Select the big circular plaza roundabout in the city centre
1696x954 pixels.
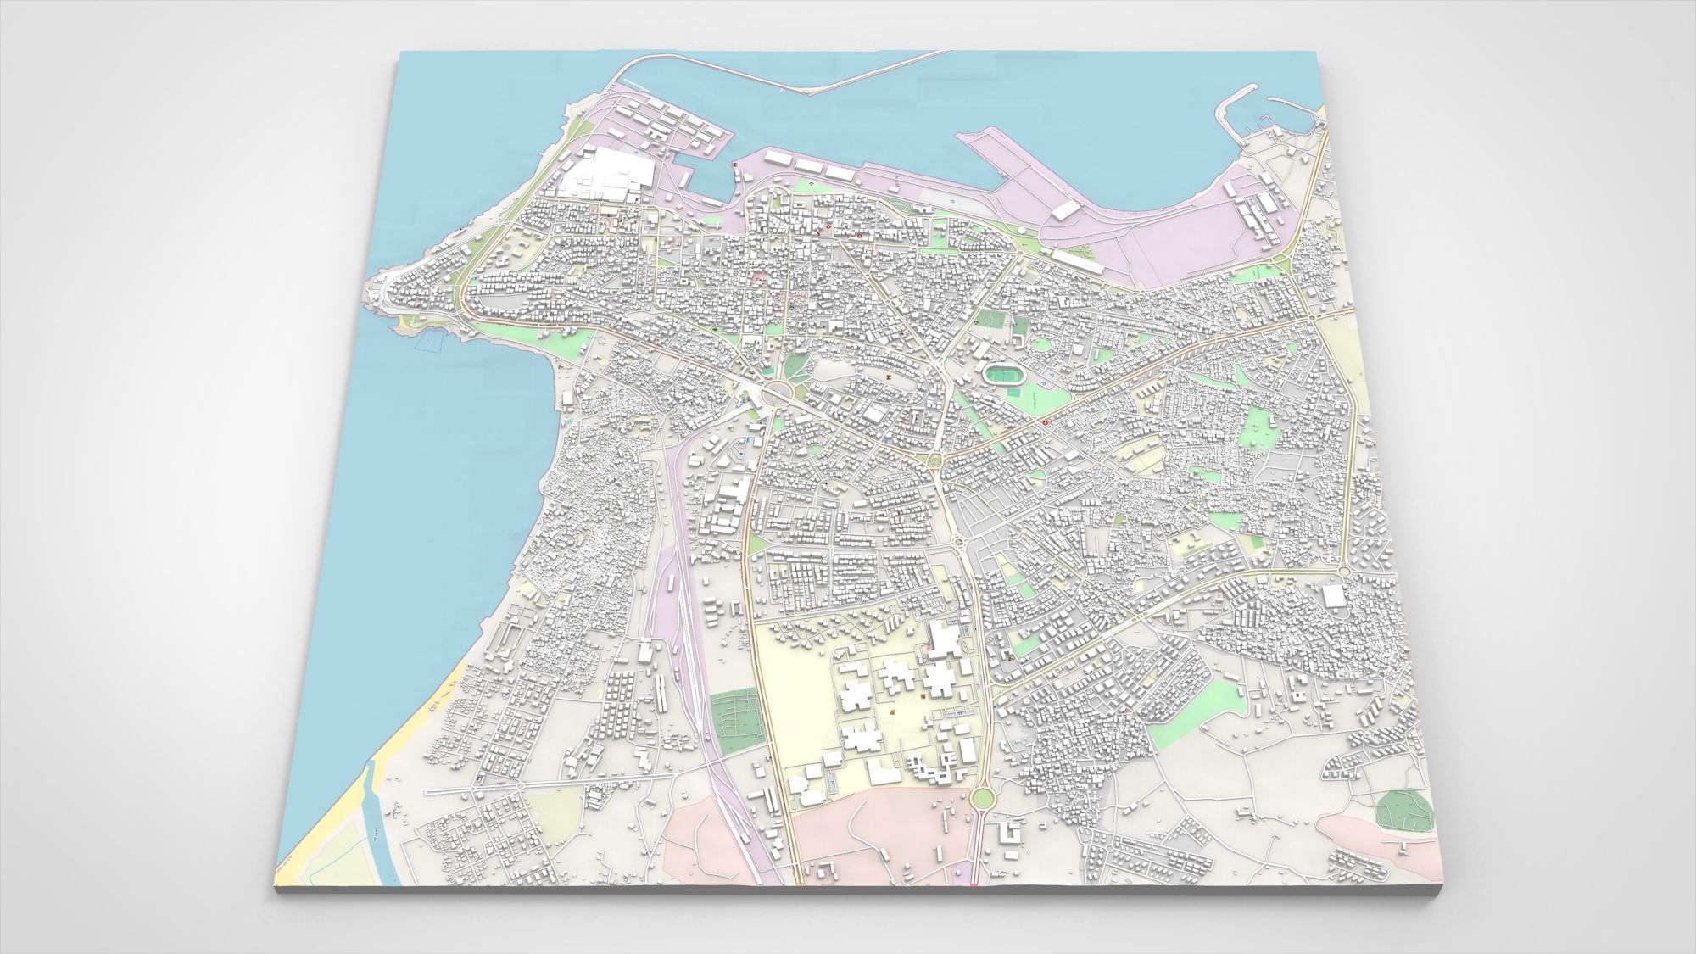[x=778, y=392]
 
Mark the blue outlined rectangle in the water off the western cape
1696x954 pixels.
[x=429, y=340]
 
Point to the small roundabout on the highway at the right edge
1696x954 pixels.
[x=1314, y=315]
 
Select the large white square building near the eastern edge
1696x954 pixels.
[x=1336, y=597]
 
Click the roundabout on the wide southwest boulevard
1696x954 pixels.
[x=518, y=786]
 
